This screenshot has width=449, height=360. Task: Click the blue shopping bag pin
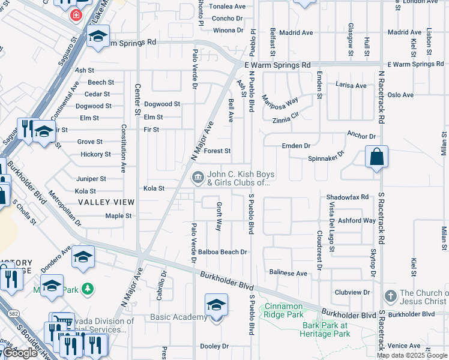pyautogui.click(x=376, y=158)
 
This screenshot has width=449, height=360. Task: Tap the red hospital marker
pyautogui.click(x=76, y=14)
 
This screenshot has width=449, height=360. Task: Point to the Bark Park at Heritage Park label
pyautogui.click(x=325, y=329)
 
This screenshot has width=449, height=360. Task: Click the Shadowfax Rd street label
pyautogui.click(x=347, y=197)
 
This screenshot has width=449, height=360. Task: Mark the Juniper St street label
pyautogui.click(x=91, y=179)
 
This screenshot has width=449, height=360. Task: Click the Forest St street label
pyautogui.click(x=217, y=151)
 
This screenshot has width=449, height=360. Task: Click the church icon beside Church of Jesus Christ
pyautogui.click(x=390, y=296)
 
